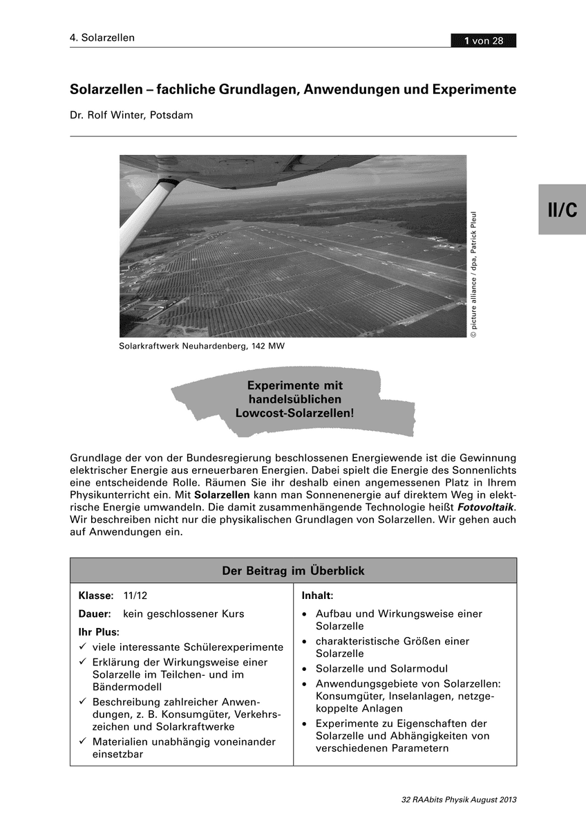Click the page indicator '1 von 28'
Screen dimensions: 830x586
484,41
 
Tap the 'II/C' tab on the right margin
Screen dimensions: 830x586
562,210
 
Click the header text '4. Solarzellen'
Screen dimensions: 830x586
102,38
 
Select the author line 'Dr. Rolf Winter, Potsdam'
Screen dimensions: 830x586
131,115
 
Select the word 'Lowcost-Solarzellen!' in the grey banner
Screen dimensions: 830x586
295,413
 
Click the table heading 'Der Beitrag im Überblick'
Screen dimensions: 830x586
293,571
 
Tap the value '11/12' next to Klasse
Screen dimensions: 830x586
135,596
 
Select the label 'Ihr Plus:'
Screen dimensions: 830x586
99,631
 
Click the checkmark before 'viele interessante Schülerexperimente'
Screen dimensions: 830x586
82,647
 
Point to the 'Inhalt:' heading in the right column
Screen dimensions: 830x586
318,595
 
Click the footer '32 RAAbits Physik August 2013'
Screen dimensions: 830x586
459,800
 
